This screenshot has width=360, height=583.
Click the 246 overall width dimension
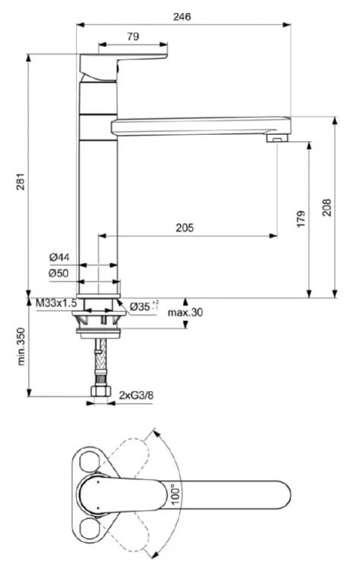point(182,17)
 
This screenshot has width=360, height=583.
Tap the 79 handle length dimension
point(133,37)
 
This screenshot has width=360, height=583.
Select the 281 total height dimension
point(21,181)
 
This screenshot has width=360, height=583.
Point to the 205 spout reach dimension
point(185,228)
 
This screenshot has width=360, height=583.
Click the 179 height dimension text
point(301,219)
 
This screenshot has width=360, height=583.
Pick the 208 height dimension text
point(326,207)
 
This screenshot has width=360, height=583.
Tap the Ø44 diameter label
point(59,257)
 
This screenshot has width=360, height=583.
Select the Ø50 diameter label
point(59,274)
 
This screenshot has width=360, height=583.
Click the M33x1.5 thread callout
point(56,303)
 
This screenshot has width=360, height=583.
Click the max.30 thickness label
point(185,312)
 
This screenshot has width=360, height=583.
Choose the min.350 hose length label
point(21,347)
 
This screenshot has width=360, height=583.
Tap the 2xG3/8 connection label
point(137,396)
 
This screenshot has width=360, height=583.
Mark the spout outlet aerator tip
point(278,138)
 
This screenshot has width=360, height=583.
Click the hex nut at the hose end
point(101,391)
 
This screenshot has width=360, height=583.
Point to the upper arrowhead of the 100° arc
point(156,434)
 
